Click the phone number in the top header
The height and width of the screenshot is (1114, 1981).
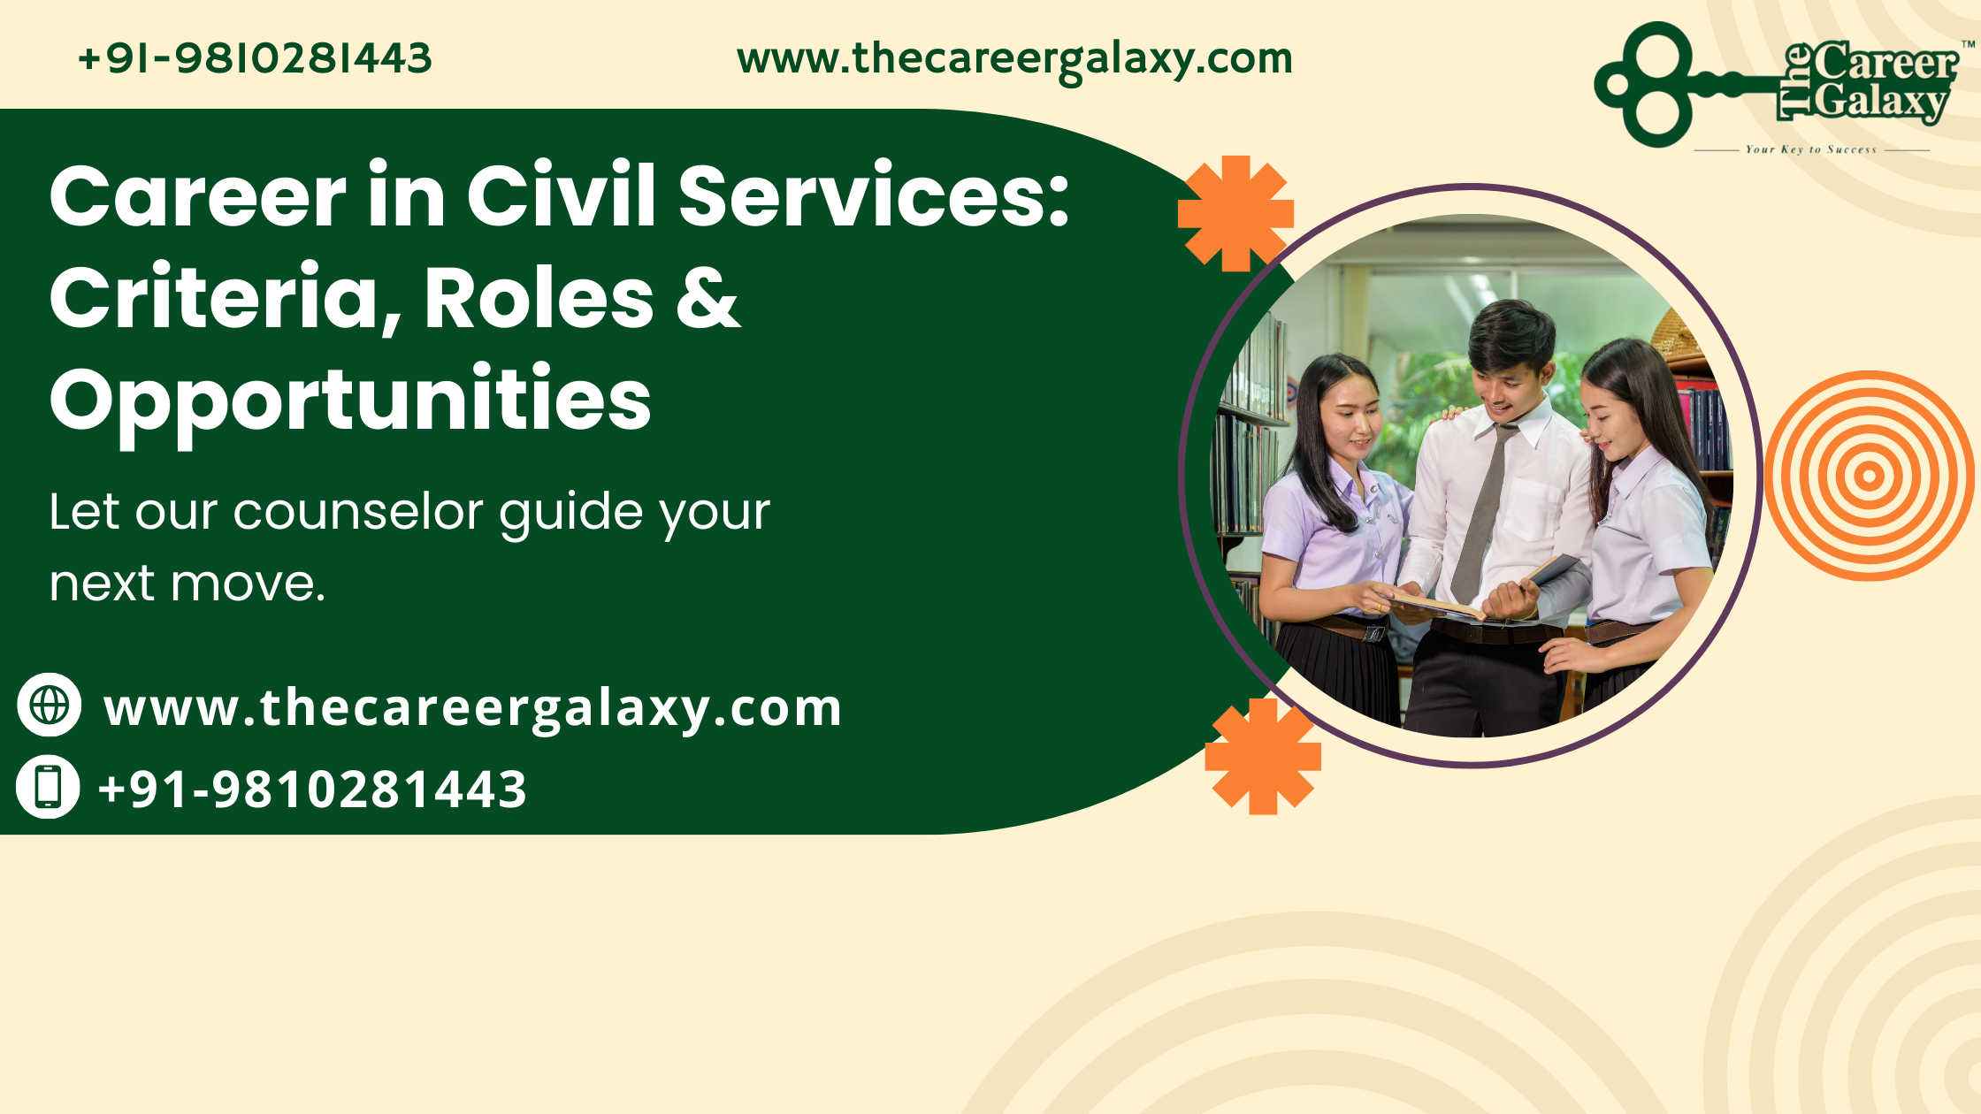click(255, 58)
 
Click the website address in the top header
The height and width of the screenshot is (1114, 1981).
click(1014, 60)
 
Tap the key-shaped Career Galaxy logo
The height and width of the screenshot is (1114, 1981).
click(1783, 87)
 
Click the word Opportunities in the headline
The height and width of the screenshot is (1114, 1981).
click(350, 401)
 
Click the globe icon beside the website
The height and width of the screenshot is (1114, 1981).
click(50, 705)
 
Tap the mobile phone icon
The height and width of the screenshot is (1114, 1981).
click(48, 786)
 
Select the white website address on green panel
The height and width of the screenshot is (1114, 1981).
click(473, 708)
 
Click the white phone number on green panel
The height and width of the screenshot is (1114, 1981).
click(312, 789)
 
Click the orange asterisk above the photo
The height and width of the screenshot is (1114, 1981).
click(1235, 213)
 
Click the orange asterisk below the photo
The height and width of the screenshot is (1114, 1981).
click(1263, 756)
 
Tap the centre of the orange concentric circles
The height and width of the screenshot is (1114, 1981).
click(1869, 476)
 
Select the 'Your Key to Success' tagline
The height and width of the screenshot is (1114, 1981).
click(1810, 149)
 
